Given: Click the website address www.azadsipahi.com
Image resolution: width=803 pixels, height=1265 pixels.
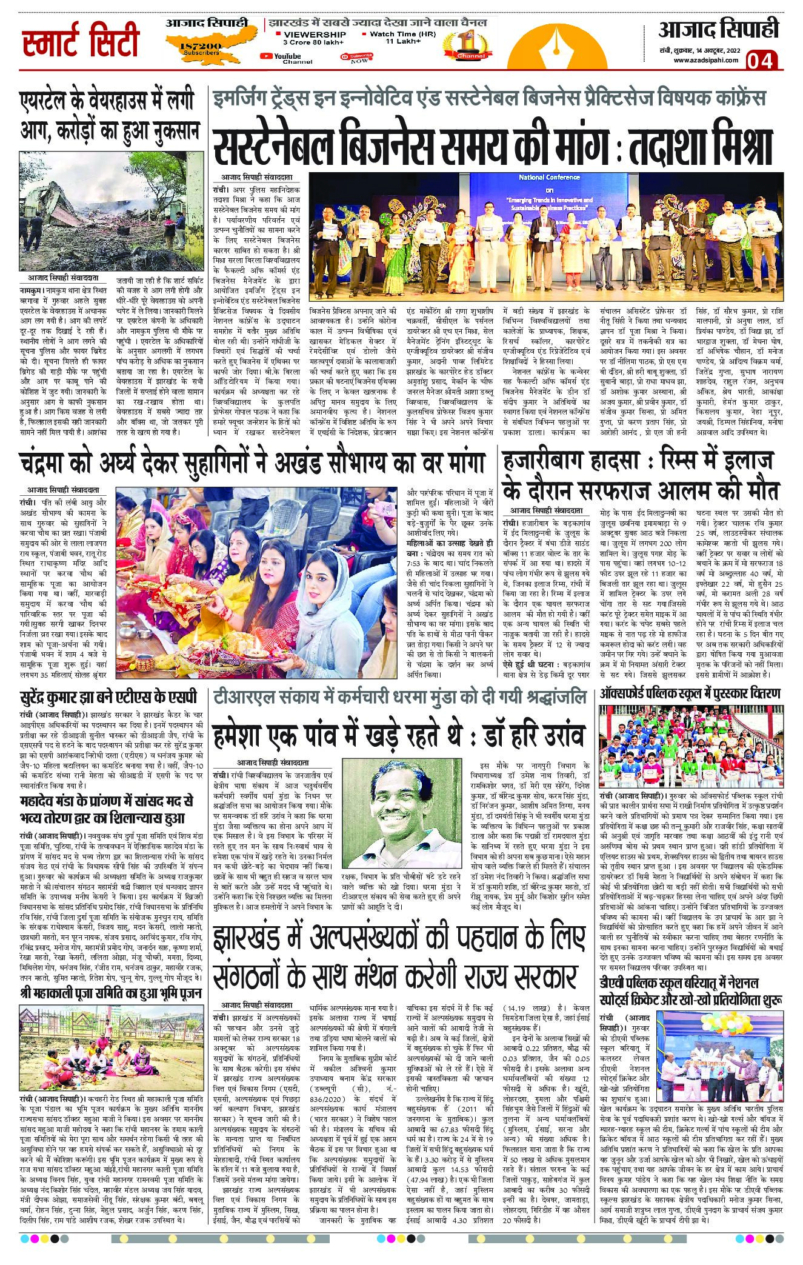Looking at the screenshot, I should [705, 59].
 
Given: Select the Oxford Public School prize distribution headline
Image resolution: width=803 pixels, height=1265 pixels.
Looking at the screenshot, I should [690, 694].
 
